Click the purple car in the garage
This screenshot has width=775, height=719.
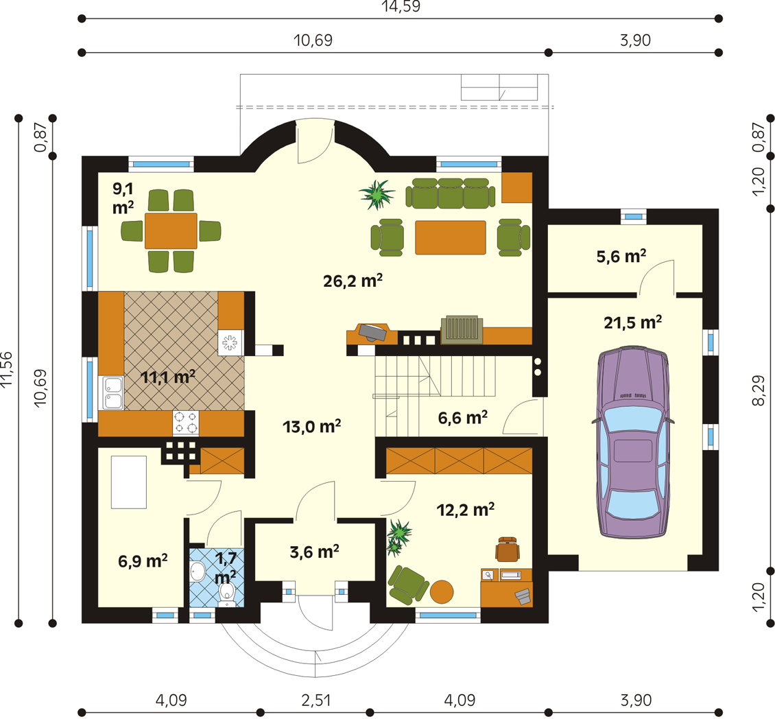(633, 443)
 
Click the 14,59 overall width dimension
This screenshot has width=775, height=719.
(400, 8)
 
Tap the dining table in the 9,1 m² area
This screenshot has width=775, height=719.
(171, 231)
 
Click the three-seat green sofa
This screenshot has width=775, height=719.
(451, 193)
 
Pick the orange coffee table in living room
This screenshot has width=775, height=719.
(450, 237)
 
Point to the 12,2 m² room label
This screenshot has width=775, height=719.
(466, 510)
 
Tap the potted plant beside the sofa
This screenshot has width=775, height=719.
(377, 194)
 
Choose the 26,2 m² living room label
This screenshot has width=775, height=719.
(353, 281)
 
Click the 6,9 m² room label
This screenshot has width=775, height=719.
(143, 561)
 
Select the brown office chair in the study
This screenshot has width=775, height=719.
(508, 549)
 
